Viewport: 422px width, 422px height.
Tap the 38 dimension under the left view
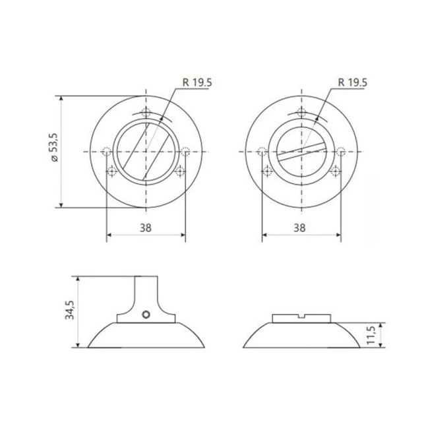146,228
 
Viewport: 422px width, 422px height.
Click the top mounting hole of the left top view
146,111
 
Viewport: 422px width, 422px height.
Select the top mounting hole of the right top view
302,111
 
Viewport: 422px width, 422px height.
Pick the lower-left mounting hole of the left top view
112,172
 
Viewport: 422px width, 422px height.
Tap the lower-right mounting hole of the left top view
181,172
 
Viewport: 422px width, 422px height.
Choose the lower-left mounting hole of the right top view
268,172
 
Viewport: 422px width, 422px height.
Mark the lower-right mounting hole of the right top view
336,172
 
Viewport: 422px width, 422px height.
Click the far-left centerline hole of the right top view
262,152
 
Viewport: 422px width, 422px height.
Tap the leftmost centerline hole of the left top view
107,152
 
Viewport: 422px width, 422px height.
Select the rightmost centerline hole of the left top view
186,152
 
